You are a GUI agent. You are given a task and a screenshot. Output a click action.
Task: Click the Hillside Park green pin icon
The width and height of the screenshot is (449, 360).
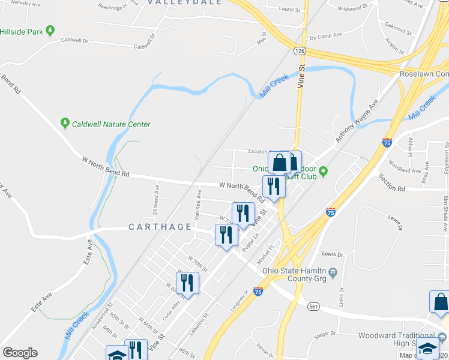point(50,30)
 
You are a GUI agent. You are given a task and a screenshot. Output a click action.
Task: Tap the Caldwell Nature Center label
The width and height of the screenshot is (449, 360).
point(111,124)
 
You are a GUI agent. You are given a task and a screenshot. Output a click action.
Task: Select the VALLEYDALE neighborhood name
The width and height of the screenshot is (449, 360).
point(185,2)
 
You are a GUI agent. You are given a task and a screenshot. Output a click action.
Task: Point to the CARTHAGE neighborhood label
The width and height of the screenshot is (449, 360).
point(160,227)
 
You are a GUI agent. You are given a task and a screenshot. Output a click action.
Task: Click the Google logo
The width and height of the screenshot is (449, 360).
point(20,353)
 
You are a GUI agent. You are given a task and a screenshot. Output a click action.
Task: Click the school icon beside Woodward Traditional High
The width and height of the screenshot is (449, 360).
point(427,349)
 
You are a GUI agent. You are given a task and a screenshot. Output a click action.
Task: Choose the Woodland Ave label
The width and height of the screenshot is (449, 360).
point(405,170)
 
